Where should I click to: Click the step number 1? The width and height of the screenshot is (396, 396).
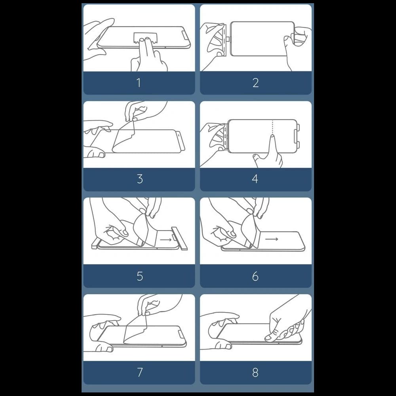(139, 83)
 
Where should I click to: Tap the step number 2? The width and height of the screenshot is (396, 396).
(255, 83)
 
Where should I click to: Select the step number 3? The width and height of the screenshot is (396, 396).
(140, 179)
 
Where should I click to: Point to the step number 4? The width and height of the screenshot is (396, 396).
(255, 179)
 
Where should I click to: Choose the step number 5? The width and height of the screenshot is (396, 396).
(140, 276)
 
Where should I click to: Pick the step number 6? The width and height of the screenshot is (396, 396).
(255, 276)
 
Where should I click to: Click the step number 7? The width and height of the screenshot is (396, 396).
(140, 372)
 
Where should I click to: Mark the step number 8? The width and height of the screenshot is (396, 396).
(255, 372)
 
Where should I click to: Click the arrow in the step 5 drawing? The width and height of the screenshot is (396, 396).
(166, 240)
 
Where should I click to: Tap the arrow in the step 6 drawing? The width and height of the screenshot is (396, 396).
(272, 239)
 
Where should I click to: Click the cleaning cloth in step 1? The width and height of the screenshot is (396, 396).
(145, 37)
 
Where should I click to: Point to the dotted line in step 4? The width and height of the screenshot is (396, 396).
(273, 127)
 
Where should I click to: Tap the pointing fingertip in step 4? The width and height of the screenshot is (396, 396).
(273, 137)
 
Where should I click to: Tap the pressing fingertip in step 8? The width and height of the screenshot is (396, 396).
(268, 337)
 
